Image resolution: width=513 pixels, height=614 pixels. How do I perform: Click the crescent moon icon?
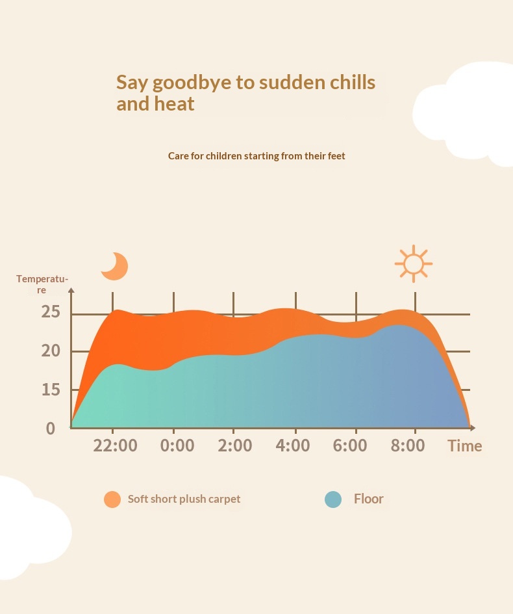point(118,268)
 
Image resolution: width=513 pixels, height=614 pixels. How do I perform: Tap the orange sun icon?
point(413,263)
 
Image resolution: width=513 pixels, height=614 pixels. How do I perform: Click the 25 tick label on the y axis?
point(51,312)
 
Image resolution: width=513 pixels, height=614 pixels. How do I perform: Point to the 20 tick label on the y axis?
point(51,351)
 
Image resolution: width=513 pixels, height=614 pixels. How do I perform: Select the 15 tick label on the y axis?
point(51,389)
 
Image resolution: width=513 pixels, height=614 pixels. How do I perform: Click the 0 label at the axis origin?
point(51,429)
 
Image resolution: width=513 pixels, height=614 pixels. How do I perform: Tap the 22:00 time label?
point(116,446)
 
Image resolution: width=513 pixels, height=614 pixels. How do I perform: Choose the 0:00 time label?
point(177,446)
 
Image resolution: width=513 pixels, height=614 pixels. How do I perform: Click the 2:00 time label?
point(235,446)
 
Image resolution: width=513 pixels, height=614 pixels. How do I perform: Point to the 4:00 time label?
point(293,446)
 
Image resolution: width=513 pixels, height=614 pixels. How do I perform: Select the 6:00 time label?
point(350,446)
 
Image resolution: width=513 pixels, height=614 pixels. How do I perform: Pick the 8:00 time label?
point(408,446)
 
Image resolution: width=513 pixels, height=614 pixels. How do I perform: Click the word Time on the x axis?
point(465,446)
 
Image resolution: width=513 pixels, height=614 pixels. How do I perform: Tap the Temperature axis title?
point(42,284)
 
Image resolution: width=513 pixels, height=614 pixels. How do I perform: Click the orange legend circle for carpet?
point(112,500)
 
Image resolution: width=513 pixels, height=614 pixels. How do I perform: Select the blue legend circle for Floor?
point(333,500)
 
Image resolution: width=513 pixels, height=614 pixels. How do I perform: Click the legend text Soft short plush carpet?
point(184,499)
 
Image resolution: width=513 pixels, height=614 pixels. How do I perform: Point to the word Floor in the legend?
point(369,498)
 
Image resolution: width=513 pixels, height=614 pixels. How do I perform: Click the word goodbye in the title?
point(192,83)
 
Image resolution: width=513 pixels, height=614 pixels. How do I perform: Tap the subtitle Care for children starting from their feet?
point(256,156)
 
